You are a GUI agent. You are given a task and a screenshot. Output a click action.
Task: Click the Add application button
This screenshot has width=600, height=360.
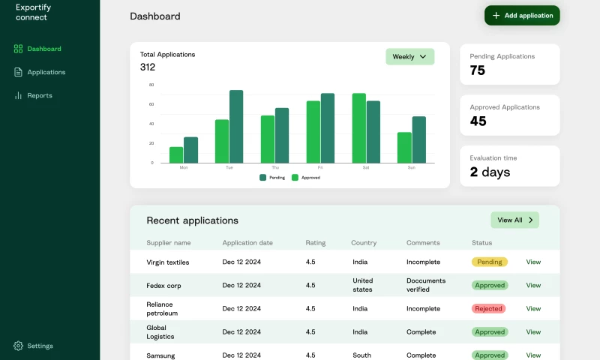(x=522, y=16)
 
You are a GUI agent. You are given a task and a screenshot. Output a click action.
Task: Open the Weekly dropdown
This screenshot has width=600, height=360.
(x=409, y=57)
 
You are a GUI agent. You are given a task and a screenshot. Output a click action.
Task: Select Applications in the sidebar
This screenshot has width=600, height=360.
(x=46, y=72)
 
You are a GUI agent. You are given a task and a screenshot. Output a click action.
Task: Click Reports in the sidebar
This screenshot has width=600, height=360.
(x=39, y=95)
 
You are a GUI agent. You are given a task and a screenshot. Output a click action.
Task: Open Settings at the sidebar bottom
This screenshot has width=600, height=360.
(x=40, y=346)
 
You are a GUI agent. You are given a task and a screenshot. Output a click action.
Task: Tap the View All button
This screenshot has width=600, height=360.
(x=514, y=220)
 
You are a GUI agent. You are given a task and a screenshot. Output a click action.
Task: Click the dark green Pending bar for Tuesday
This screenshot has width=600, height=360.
(x=236, y=126)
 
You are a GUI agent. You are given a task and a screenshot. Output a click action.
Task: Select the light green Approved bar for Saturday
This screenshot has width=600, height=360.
(x=358, y=127)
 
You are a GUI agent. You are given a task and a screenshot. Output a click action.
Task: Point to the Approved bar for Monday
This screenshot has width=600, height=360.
(x=176, y=154)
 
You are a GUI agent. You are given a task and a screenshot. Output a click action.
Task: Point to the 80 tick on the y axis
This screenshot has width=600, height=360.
(x=151, y=85)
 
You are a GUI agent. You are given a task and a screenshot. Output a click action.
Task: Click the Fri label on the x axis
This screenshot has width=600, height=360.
(x=320, y=167)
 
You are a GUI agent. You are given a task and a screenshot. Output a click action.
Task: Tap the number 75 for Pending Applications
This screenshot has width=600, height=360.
(x=478, y=70)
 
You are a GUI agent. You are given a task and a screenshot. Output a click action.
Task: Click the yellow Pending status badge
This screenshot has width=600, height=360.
(x=490, y=262)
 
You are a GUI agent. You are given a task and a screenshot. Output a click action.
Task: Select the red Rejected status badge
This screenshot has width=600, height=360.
(x=488, y=308)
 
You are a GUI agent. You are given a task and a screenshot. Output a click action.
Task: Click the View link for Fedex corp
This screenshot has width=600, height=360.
(x=533, y=285)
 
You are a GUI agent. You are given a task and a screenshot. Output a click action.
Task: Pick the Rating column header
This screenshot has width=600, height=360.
(x=315, y=243)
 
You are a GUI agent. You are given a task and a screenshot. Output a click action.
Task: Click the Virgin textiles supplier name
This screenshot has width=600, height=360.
(x=168, y=262)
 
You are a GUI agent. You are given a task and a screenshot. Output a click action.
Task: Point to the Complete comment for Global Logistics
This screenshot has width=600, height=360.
(x=421, y=331)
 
